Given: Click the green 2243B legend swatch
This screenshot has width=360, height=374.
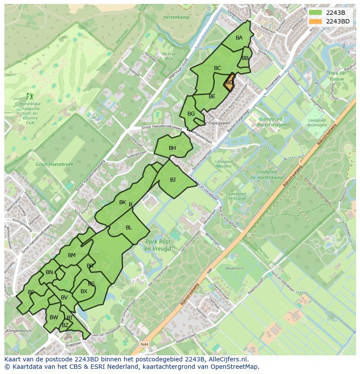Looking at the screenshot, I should [316, 13].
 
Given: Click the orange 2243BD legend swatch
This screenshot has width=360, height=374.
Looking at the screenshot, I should [316, 21].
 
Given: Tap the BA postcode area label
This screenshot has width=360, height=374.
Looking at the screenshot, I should [239, 38].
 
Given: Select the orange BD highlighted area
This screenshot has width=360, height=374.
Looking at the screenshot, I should [229, 82].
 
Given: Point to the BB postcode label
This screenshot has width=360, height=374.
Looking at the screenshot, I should [245, 58].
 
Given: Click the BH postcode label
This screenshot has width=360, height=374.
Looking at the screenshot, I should [173, 148].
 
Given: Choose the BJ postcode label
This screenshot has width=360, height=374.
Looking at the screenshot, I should [173, 179].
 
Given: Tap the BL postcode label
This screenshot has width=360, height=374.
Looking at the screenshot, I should [129, 227].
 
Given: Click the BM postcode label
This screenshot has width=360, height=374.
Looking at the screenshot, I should [72, 255].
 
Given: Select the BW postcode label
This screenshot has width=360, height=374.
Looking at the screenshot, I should [54, 318].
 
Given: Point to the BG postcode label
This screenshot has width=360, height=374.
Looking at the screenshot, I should [191, 114].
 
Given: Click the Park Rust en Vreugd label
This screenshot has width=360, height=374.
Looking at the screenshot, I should [158, 245].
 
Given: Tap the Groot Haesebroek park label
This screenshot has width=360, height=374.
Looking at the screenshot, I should [54, 165].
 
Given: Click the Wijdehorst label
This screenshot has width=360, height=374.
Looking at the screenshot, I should [235, 268].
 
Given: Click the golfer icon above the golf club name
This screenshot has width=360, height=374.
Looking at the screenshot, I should [29, 96].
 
